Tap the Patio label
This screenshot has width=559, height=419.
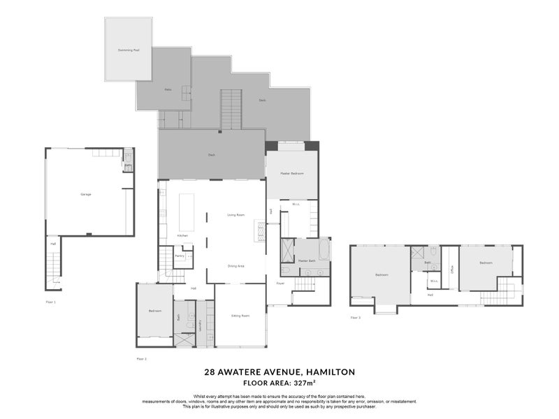point(168,89)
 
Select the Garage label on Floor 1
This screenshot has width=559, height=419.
point(86,194)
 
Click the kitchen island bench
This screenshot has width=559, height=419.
point(187,212)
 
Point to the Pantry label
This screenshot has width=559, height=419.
point(180,256)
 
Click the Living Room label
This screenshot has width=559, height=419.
point(235,215)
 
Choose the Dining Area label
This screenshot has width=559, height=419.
point(235,265)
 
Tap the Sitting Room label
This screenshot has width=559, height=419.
point(240,316)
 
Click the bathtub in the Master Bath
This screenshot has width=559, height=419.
point(324,249)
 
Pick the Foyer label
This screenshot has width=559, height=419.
point(280,284)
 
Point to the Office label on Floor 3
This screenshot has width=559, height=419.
point(452,268)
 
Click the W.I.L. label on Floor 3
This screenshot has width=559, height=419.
point(434,281)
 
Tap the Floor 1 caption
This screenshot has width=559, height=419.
point(50,302)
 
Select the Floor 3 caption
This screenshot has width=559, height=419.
point(356,317)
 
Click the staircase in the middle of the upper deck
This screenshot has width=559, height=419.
point(231,110)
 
